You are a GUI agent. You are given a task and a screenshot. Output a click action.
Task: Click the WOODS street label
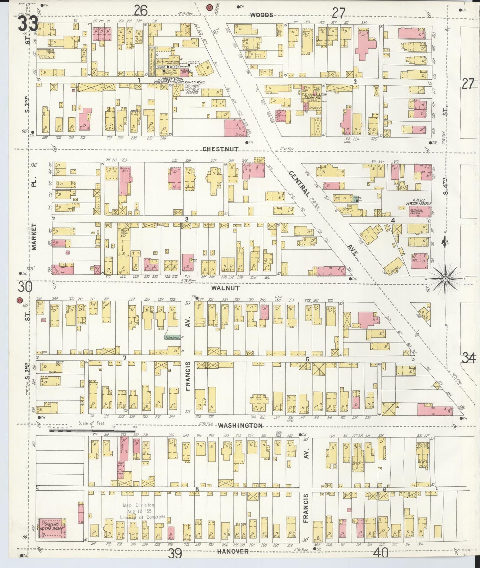click(262, 15)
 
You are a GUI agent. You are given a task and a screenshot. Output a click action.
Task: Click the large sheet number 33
click(28, 24)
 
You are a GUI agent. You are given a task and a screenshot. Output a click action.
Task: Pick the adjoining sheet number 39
click(175, 553)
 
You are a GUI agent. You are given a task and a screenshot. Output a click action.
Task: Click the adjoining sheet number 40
click(381, 553)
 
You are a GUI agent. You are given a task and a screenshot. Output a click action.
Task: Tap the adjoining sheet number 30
click(26, 286)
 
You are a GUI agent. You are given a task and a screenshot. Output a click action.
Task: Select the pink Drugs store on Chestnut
click(236, 129)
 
